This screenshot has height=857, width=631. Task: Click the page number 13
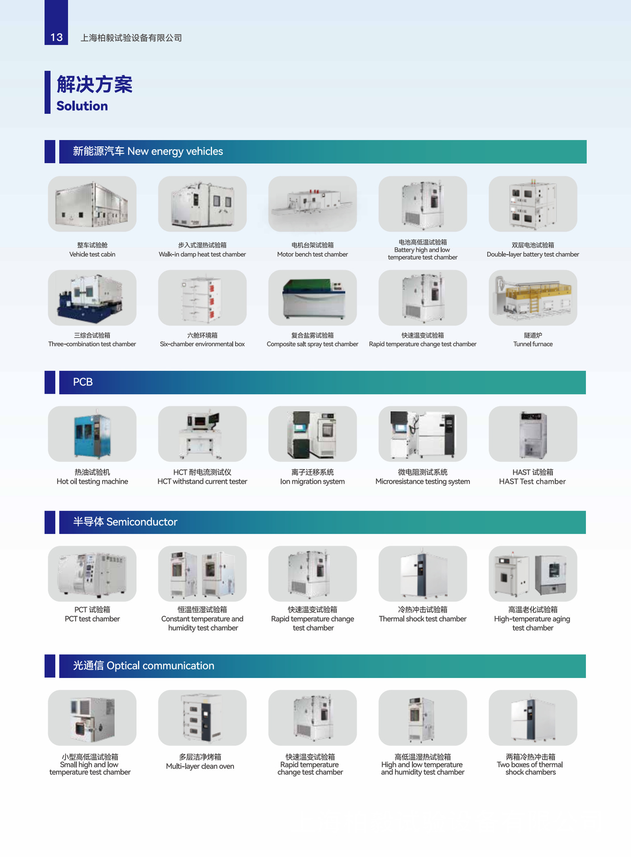(x=56, y=37)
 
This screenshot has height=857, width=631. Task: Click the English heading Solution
(x=82, y=106)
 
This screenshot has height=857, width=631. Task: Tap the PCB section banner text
(x=83, y=382)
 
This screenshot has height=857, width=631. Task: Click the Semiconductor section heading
(x=125, y=522)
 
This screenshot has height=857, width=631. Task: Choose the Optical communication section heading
(x=143, y=666)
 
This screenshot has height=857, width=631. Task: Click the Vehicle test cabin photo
(x=92, y=204)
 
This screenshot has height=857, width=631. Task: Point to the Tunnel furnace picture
(x=532, y=298)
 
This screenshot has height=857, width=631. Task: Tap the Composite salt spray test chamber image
(x=312, y=298)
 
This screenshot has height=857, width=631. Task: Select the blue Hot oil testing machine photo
(x=92, y=434)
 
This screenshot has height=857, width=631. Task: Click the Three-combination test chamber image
(x=92, y=298)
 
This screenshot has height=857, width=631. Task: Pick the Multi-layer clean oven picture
(x=202, y=718)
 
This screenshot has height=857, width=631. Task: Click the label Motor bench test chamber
(x=312, y=254)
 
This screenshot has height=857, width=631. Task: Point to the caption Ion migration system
(x=312, y=482)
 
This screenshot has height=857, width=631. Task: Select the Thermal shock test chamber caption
(x=423, y=619)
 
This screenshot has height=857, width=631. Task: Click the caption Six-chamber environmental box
(x=202, y=344)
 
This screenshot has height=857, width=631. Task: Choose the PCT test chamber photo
(x=92, y=574)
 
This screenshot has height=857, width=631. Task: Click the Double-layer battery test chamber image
(x=532, y=204)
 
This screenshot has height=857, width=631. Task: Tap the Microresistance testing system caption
(x=423, y=482)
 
